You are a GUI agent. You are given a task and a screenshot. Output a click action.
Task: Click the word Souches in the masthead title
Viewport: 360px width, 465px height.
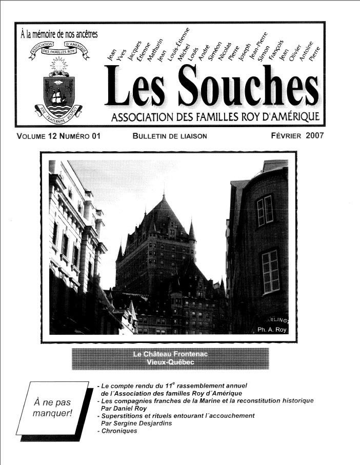250,88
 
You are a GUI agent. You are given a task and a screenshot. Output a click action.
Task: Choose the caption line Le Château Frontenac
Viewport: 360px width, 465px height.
170,354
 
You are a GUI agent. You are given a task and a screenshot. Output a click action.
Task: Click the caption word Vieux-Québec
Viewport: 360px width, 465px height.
170,362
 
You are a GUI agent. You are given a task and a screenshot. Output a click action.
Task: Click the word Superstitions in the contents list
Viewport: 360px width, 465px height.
123,416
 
